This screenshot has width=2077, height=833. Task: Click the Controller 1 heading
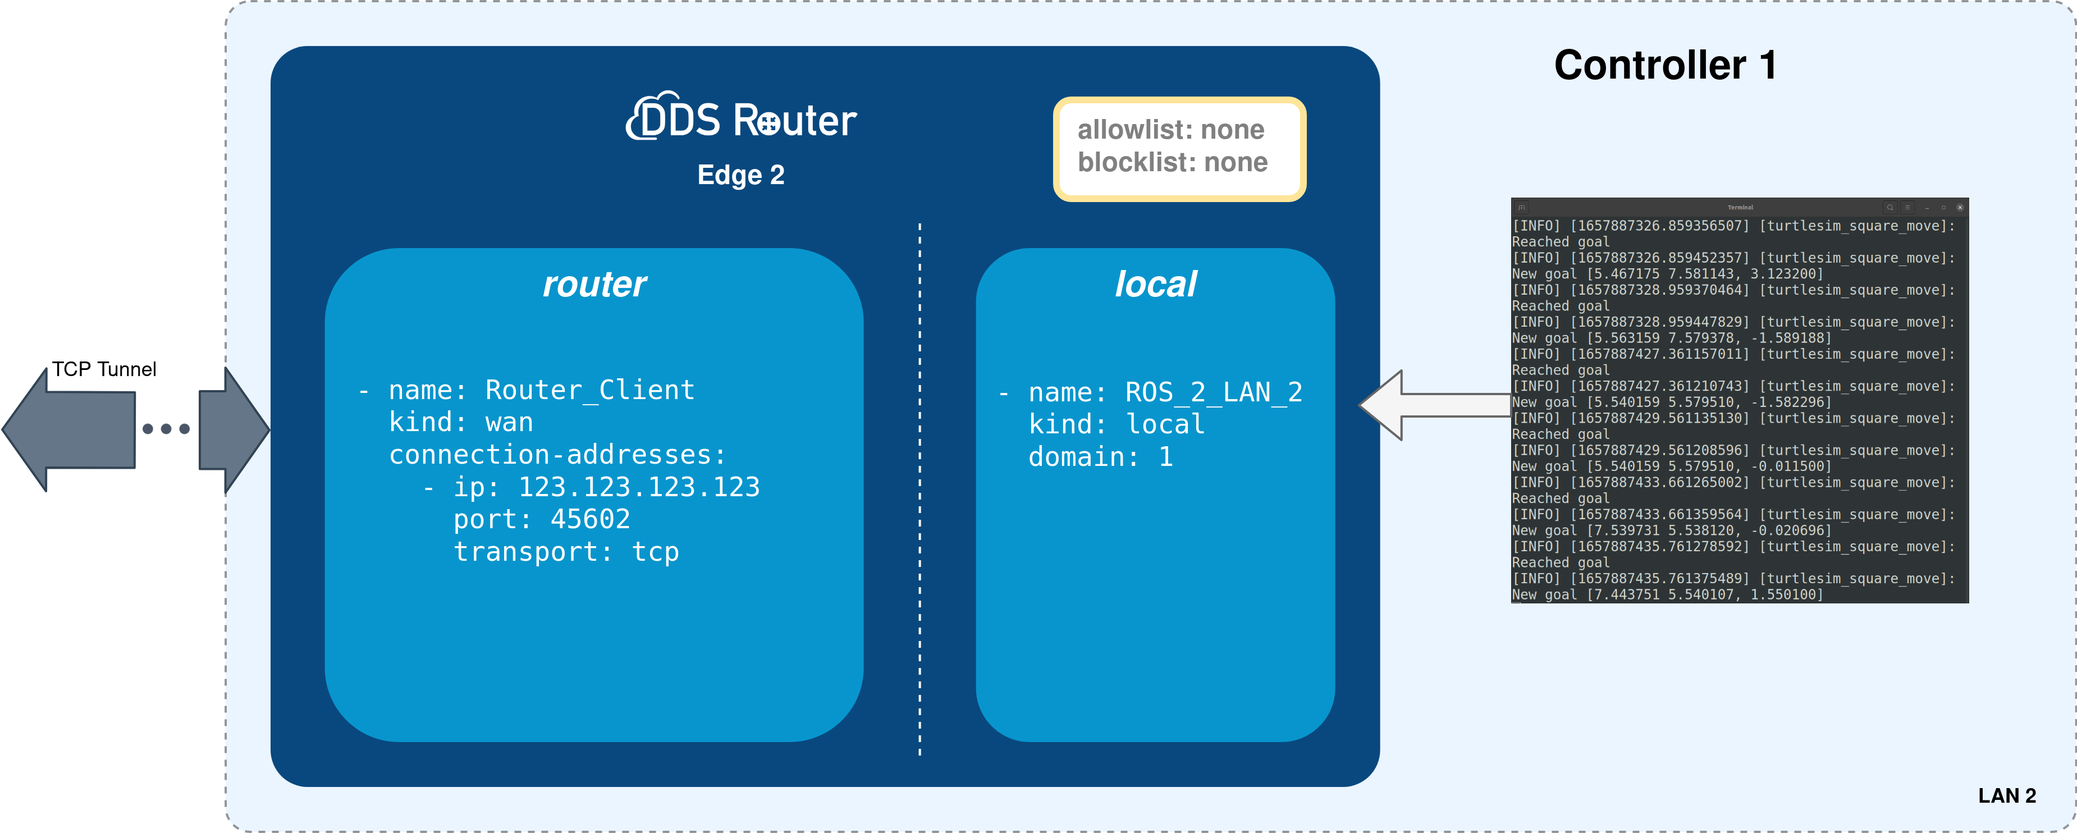[x=1665, y=65]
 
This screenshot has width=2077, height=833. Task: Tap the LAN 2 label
[x=2006, y=796]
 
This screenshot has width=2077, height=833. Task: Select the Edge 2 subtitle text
[x=740, y=175]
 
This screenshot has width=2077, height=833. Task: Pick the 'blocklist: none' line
[x=1172, y=163]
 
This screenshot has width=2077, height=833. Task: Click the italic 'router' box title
[x=594, y=285]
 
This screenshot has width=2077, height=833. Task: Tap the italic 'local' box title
[x=1155, y=285]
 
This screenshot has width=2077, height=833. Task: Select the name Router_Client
[x=589, y=390]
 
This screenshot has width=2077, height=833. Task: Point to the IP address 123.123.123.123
[x=639, y=487]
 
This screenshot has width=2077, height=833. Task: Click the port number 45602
[x=589, y=519]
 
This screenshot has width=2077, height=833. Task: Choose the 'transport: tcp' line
[x=566, y=552]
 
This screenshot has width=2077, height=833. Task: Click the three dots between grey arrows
[x=166, y=429]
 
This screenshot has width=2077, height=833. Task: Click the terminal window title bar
[x=1739, y=207]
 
